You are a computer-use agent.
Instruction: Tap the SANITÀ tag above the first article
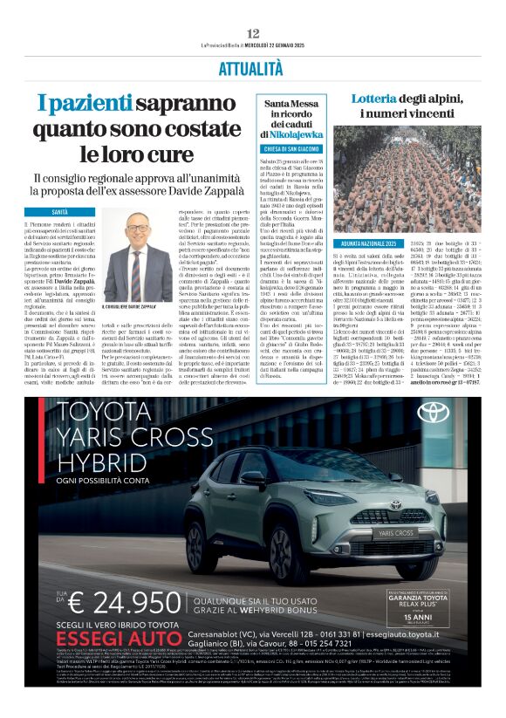click(x=59, y=212)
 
